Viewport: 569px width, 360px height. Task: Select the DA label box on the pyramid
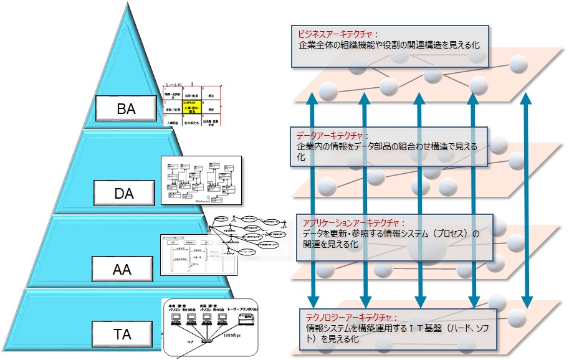click(x=125, y=194)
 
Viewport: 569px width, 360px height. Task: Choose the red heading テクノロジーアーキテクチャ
click(x=352, y=316)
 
